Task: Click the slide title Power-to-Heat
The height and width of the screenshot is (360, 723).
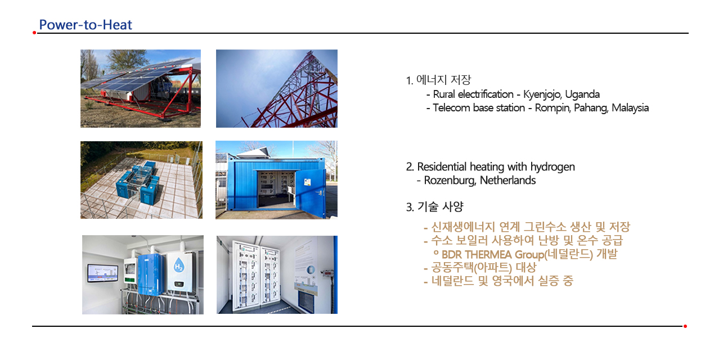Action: (86, 25)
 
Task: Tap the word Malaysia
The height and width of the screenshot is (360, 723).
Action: (630, 108)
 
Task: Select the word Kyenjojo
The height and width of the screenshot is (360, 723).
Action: (542, 94)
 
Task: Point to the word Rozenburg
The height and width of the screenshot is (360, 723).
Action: (450, 181)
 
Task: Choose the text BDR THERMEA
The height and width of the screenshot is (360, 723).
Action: (477, 254)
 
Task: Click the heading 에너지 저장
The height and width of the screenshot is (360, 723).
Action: (444, 80)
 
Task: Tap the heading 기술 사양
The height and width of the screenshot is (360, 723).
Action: (440, 206)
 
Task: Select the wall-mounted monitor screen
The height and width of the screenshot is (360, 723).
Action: (103, 273)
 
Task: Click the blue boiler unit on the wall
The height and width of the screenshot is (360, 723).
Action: (151, 274)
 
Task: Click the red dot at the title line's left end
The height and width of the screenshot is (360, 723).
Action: (34, 33)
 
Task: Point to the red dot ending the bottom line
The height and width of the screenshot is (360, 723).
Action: (685, 326)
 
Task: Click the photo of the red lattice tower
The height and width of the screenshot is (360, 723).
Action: (277, 88)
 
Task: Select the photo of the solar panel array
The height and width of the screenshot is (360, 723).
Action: (141, 88)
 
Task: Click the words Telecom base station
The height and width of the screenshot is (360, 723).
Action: (479, 108)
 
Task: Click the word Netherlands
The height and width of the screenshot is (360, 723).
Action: (508, 181)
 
